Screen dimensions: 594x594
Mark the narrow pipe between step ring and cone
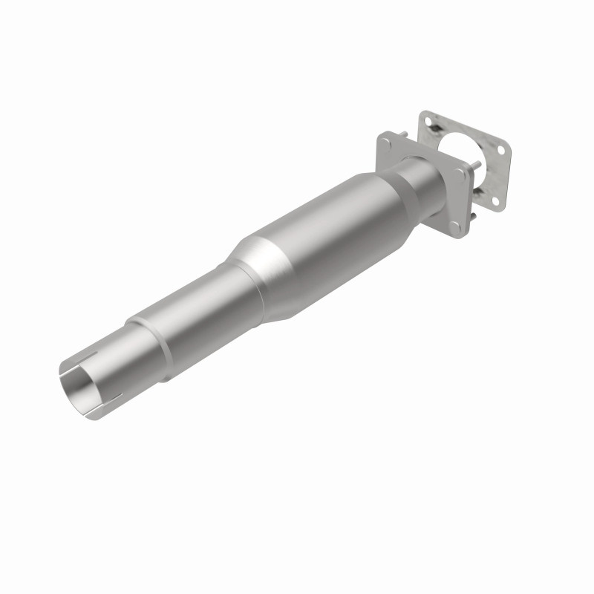coord(200,312)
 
